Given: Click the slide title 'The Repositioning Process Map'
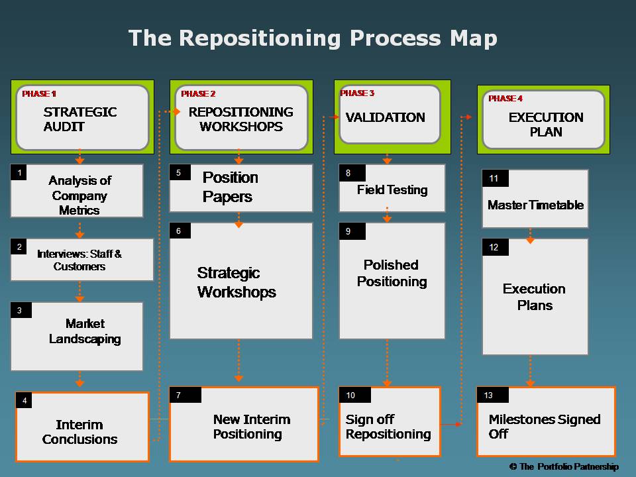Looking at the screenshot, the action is pos(313,39).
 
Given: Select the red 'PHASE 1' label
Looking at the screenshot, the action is pos(39,93).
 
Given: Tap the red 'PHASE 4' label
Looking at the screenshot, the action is pos(505,99).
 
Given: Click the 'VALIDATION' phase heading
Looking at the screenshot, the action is pos(386,117).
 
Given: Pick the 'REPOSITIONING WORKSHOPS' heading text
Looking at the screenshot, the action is pos(241,119).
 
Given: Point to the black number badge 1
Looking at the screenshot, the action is pos(19,172).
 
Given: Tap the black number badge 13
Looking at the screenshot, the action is pos(493,395).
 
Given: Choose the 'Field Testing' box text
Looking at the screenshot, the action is pos(392,190).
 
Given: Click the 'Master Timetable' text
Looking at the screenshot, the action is pos(535,205).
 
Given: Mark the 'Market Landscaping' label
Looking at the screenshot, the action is pos(85,331).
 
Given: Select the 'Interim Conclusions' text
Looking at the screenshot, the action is pos(80,432).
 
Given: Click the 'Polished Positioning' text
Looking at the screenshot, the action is pos(392,273).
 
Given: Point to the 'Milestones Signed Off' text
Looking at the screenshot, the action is pos(545,426).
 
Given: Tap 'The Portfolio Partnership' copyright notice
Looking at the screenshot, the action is pos(564,467).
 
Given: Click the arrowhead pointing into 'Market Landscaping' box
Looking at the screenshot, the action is pos(79,299).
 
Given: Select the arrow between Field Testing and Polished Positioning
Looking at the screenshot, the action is pos(387,215).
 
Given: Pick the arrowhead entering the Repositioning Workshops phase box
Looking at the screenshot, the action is pos(177,111).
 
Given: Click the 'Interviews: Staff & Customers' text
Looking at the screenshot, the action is pos(79,260).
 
